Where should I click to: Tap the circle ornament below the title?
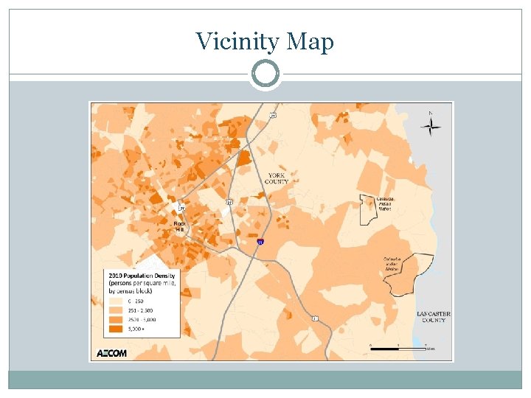click(x=265, y=74)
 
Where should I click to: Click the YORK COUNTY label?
click(x=278, y=178)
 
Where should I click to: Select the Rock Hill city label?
click(x=180, y=226)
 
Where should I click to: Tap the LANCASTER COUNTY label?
click(x=433, y=317)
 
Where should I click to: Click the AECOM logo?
click(x=112, y=352)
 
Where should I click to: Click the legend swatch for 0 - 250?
click(x=116, y=301)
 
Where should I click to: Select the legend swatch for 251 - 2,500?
click(x=116, y=311)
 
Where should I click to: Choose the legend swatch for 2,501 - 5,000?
click(x=116, y=321)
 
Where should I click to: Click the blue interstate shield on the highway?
click(x=260, y=241)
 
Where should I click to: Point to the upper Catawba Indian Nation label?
click(x=385, y=203)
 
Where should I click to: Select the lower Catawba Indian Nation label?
click(x=392, y=264)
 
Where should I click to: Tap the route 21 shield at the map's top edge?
click(x=273, y=115)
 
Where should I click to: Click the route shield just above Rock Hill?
click(x=181, y=209)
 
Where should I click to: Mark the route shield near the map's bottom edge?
click(x=315, y=318)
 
